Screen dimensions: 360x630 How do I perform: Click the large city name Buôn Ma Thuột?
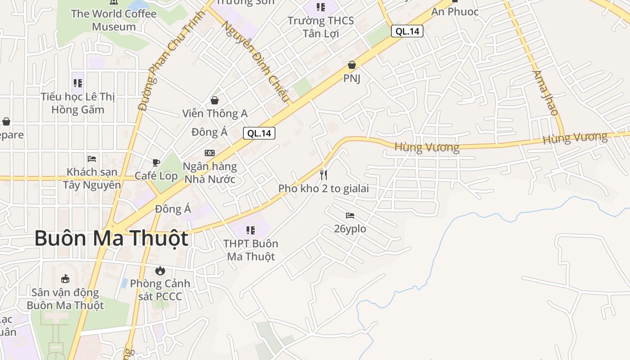(x=111, y=238)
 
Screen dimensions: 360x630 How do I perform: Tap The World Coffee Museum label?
(x=114, y=20)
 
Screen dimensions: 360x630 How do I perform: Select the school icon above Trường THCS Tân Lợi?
(x=320, y=7)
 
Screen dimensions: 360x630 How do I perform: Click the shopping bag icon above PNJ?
(x=352, y=65)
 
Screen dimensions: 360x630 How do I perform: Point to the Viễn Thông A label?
(x=215, y=113)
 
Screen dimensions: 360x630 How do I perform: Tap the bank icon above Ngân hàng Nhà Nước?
(x=210, y=153)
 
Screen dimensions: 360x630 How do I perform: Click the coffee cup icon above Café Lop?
(x=156, y=162)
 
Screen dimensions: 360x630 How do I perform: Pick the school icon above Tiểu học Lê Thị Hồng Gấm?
(x=78, y=83)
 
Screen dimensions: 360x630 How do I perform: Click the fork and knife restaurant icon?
(x=324, y=175)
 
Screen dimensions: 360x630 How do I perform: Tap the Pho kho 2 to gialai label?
(x=324, y=189)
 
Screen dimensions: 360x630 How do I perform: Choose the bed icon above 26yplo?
(x=350, y=216)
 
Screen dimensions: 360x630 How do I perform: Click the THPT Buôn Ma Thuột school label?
(x=251, y=250)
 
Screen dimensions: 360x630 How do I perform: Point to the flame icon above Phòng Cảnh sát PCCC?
(x=160, y=270)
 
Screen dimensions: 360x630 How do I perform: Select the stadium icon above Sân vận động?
(x=65, y=279)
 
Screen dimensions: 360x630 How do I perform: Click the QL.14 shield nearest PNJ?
(x=407, y=31)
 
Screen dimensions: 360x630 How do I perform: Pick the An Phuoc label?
(x=455, y=12)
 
